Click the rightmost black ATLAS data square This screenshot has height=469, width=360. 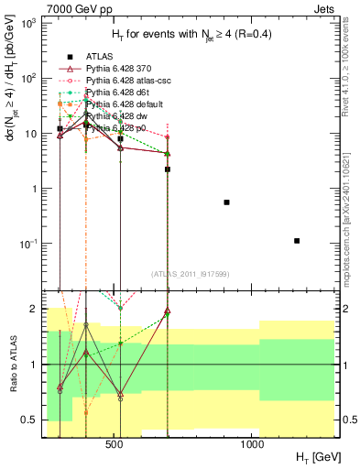coord(297,241)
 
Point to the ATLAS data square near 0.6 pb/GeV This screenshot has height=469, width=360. coord(226,202)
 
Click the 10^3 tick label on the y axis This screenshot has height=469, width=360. coord(27,23)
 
